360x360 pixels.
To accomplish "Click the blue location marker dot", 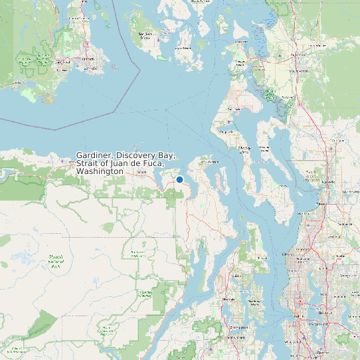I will click(x=179, y=179).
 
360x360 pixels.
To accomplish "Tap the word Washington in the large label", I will click(x=100, y=171).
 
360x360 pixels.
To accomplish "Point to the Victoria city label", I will click(x=86, y=58).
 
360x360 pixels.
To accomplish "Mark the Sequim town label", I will click(x=141, y=173).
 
